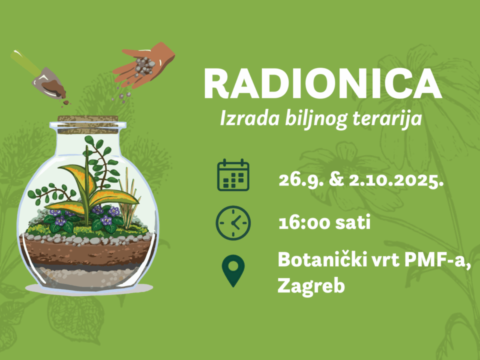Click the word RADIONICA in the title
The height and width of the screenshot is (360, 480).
(323, 83)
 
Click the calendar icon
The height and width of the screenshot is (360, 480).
(233, 175)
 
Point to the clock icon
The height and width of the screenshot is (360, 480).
(233, 223)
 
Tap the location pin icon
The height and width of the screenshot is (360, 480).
(233, 270)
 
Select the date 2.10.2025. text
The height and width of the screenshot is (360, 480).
(396, 180)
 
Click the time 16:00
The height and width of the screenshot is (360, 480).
(303, 222)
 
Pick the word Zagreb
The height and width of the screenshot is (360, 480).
(311, 286)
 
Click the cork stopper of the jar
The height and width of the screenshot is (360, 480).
(88, 124)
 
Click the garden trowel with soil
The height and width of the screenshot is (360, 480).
(38, 75)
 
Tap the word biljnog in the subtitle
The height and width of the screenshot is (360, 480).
(316, 119)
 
